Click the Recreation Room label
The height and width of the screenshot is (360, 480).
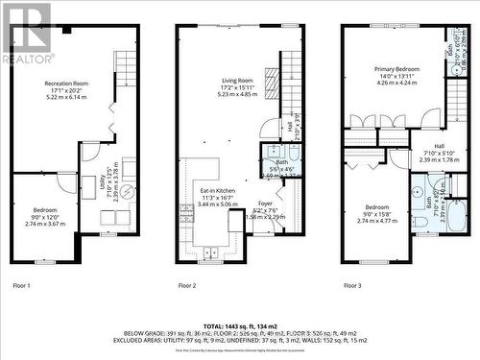[x=66, y=84]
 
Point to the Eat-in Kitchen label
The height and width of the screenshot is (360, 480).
[x=217, y=191]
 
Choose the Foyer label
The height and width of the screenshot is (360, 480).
[x=266, y=204]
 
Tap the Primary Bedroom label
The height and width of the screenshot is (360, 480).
[x=396, y=69]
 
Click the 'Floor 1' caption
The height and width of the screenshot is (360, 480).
[x=21, y=286]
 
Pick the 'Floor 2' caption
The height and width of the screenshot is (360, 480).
[x=187, y=286]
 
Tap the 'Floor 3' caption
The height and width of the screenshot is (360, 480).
[x=353, y=286]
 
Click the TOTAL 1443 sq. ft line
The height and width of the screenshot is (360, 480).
[x=240, y=326]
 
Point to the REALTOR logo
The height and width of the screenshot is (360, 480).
[x=27, y=34]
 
